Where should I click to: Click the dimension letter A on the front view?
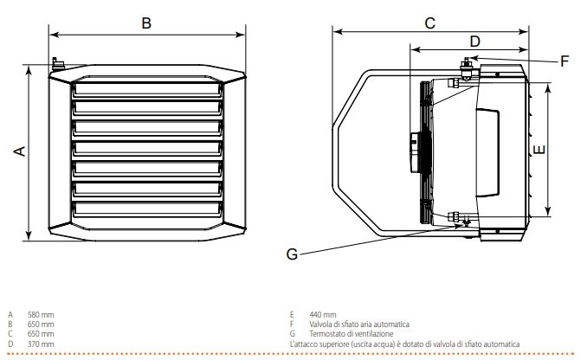click(20, 151)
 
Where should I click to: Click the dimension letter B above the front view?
click(146, 23)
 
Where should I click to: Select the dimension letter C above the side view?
click(429, 23)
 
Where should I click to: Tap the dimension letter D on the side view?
click(474, 41)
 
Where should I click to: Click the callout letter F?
click(564, 61)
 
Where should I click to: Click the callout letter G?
click(293, 254)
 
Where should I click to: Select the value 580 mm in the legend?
click(40, 314)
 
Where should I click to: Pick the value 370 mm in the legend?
click(40, 344)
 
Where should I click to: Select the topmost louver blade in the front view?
click(146, 87)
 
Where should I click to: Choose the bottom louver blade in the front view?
click(146, 209)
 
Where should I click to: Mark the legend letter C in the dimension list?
click(10, 334)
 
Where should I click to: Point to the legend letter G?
click(293, 334)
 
